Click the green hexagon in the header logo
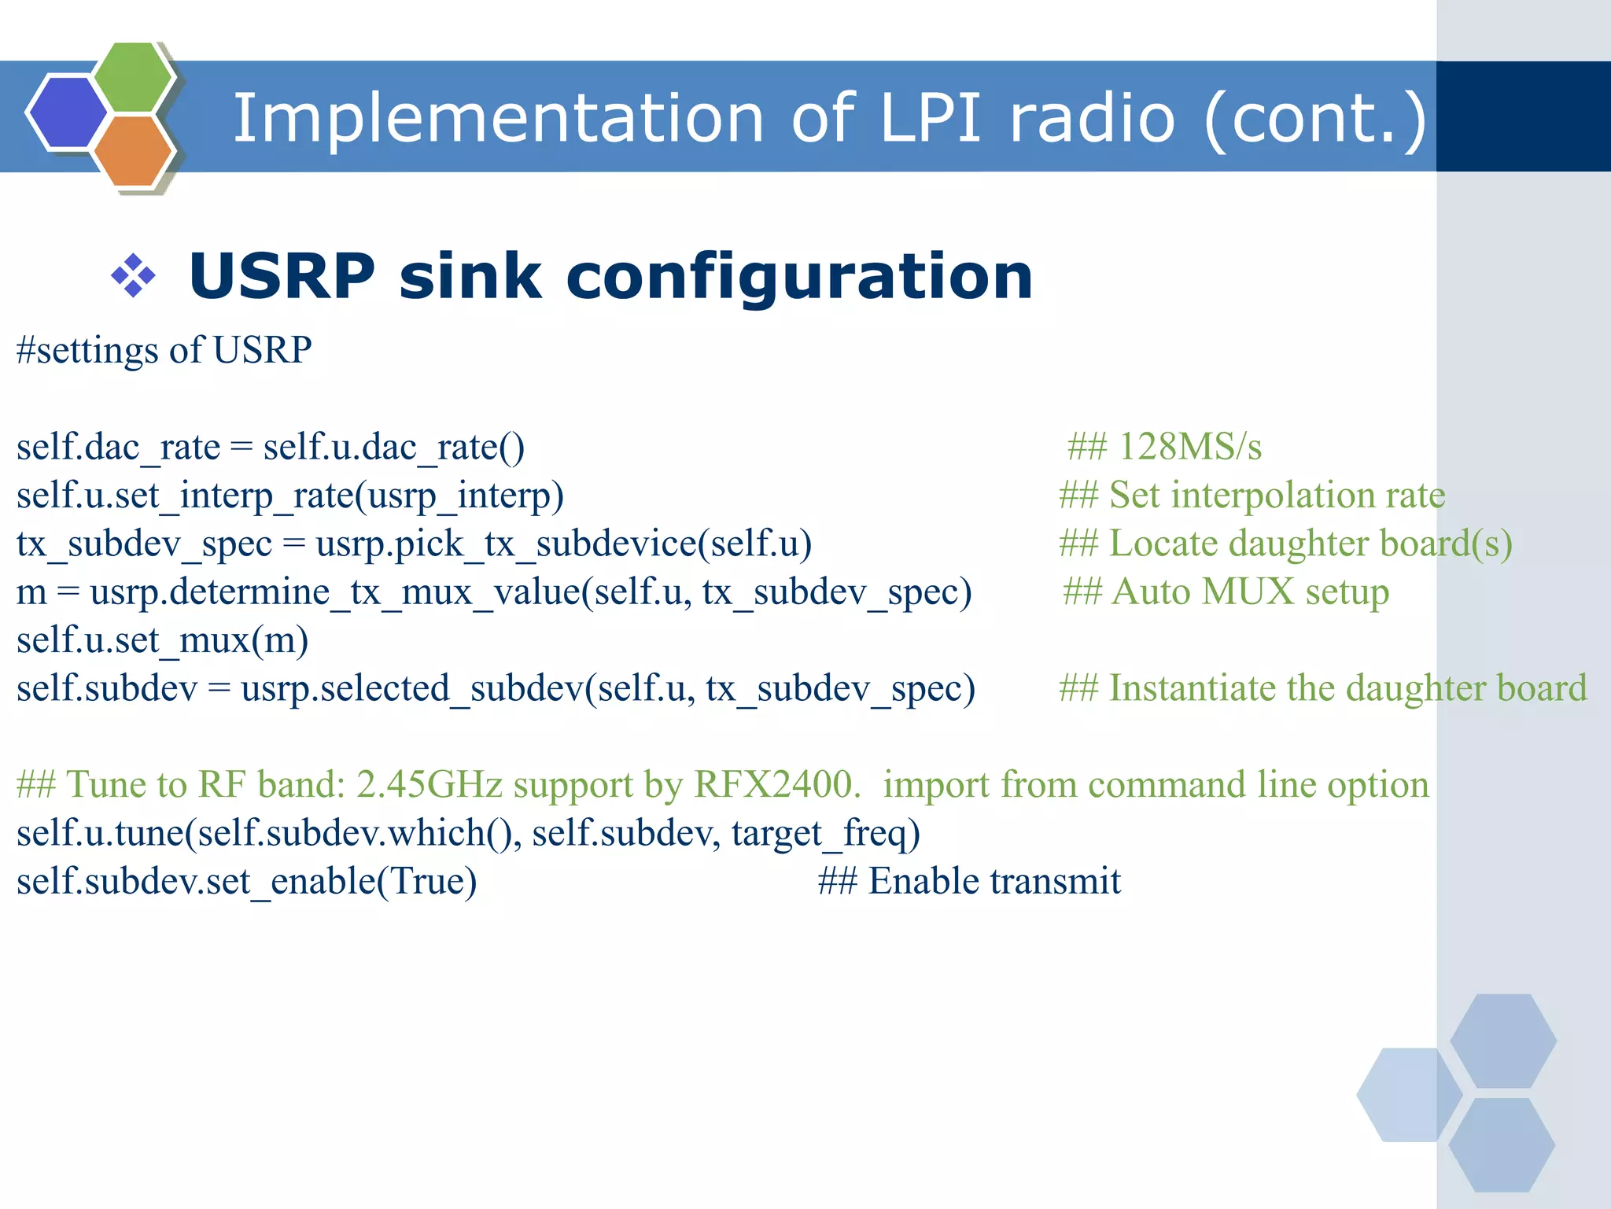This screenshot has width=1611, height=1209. pyautogui.click(x=132, y=77)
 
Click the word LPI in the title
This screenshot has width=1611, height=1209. pyautogui.click(x=931, y=118)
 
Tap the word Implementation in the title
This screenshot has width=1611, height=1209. pyautogui.click(x=498, y=118)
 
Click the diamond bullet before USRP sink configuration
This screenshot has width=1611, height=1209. pyautogui.click(x=133, y=275)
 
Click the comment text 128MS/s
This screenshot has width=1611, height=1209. pyautogui.click(x=1189, y=447)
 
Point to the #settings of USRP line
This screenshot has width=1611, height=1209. pyautogui.click(x=164, y=350)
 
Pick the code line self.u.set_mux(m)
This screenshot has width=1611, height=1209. pyautogui.click(x=162, y=640)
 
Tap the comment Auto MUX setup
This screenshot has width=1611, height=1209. pyautogui.click(x=1249, y=592)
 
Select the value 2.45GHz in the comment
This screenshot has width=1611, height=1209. pyautogui.click(x=429, y=785)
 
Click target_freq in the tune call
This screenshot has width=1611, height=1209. pyautogui.click(x=825, y=833)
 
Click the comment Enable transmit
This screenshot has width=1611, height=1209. pyautogui.click(x=994, y=881)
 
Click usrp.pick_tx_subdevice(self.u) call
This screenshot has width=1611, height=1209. pyautogui.click(x=563, y=544)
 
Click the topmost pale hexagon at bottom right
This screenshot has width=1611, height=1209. pyautogui.click(x=1502, y=1041)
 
